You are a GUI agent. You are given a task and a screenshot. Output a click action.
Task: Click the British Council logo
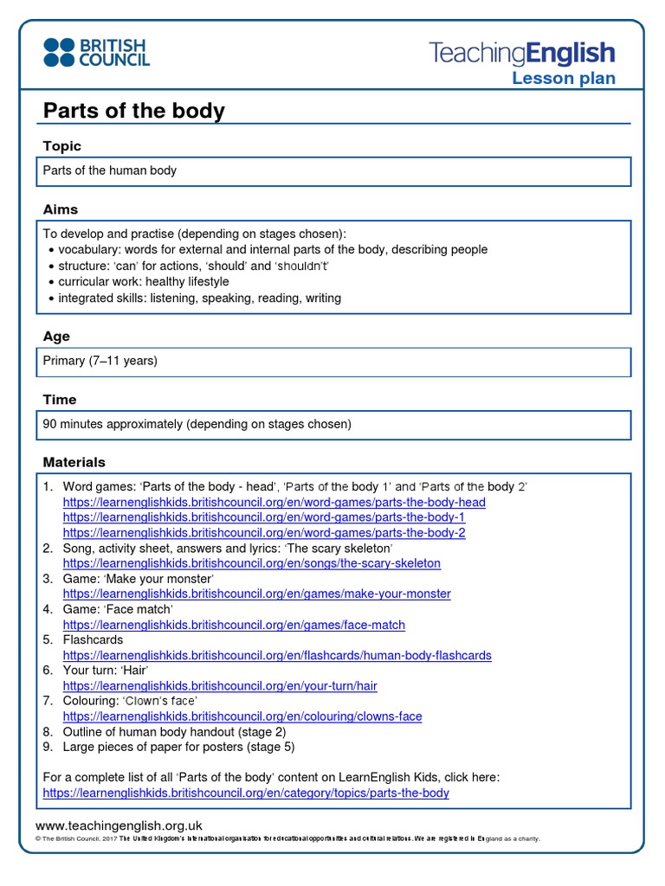[96, 52]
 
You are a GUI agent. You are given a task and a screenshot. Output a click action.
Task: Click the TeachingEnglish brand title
[522, 54]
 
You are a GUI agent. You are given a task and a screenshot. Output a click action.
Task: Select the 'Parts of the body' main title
[134, 111]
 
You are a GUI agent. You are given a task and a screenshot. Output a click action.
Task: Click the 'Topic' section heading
[62, 146]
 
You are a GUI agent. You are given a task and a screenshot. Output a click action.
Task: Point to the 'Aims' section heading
[61, 209]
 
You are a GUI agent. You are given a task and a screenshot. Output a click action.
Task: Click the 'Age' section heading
[56, 337]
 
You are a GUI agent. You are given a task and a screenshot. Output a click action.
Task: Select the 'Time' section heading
[60, 400]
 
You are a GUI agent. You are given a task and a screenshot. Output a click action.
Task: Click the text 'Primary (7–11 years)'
[100, 361]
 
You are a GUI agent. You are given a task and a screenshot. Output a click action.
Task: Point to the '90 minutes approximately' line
[197, 424]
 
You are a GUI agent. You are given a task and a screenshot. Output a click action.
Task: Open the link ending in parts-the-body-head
[274, 502]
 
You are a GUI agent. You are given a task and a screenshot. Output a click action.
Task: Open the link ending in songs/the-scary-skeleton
[251, 563]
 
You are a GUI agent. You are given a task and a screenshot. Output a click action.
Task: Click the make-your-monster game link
[256, 594]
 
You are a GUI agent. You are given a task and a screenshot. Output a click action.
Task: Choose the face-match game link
[234, 625]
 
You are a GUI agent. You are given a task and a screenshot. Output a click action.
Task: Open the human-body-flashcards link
[277, 655]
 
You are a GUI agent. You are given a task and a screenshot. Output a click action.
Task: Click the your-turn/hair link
[220, 686]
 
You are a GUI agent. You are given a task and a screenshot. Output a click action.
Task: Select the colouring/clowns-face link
[242, 716]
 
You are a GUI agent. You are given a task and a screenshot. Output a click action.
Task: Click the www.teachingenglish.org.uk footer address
[119, 825]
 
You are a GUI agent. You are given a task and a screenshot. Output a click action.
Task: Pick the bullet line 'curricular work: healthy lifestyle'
[143, 282]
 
